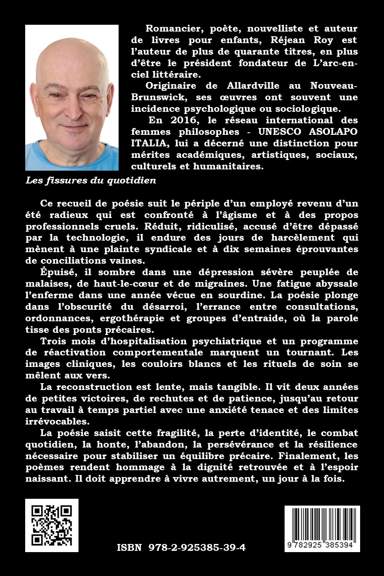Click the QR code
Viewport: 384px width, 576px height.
(52, 525)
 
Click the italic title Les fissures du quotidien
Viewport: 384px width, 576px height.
(91, 180)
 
